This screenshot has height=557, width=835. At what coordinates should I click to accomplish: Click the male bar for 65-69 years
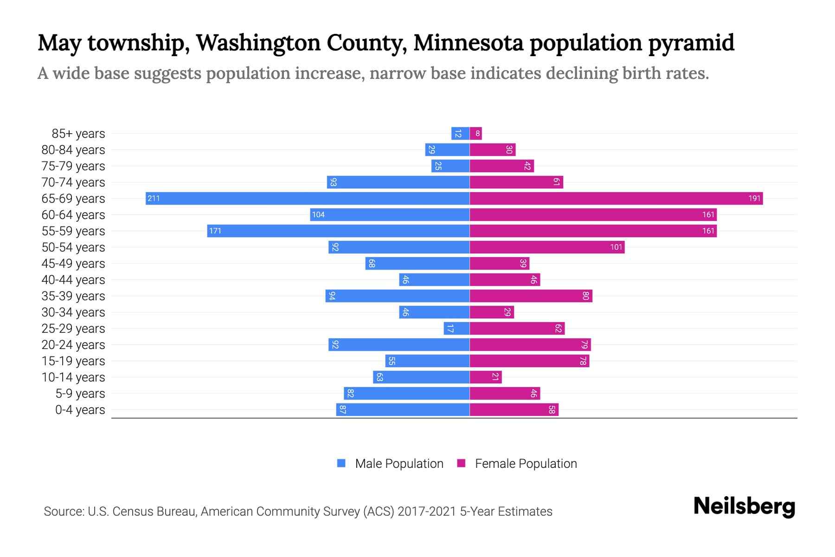(x=307, y=199)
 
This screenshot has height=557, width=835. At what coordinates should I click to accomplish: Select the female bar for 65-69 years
(x=616, y=199)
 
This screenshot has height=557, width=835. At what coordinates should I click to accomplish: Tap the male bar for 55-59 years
(x=338, y=231)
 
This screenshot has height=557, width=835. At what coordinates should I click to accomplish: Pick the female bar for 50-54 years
(x=547, y=247)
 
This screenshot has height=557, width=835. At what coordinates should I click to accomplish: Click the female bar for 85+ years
(x=476, y=134)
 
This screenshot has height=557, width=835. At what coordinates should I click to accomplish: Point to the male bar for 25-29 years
(x=456, y=329)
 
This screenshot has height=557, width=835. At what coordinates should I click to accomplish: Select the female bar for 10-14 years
(x=486, y=377)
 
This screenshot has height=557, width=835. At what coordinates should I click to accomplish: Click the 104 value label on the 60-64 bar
(x=318, y=215)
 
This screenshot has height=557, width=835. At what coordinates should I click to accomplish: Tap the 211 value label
(x=154, y=199)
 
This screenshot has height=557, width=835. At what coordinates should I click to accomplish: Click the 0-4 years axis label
(x=80, y=410)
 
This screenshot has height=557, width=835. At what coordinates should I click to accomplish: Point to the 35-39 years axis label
(x=73, y=296)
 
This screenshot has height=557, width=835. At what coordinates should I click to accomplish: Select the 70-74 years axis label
(x=73, y=182)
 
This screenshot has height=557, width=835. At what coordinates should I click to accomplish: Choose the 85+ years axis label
(x=78, y=134)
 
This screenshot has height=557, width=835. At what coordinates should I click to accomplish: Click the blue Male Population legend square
(x=341, y=463)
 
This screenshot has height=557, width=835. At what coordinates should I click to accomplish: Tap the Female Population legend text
(x=526, y=464)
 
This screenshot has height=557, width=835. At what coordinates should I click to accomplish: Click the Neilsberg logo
(x=744, y=507)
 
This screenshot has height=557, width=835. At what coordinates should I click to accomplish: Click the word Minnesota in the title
(x=468, y=43)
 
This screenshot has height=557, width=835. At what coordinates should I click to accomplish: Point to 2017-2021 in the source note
(x=426, y=512)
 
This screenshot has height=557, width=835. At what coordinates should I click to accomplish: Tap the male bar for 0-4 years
(x=403, y=410)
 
